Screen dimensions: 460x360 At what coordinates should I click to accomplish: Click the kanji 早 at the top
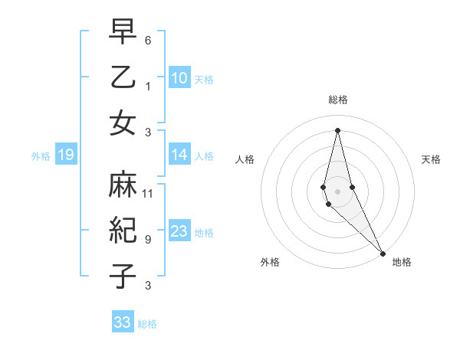pyautogui.click(x=123, y=33)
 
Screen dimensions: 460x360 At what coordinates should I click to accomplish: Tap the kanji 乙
pyautogui.click(x=123, y=77)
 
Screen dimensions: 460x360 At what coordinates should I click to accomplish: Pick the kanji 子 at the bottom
pyautogui.click(x=123, y=277)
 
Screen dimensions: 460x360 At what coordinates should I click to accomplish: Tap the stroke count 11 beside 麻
pyautogui.click(x=148, y=193)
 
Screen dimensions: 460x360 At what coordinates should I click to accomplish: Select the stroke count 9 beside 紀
pyautogui.click(x=148, y=239)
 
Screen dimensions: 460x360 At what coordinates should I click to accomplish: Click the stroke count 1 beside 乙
pyautogui.click(x=148, y=85)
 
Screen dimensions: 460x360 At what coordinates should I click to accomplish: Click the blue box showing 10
pyautogui.click(x=179, y=78)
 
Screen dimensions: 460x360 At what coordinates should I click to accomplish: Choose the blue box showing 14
pyautogui.click(x=179, y=155)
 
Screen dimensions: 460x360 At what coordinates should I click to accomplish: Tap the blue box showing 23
pyautogui.click(x=179, y=231)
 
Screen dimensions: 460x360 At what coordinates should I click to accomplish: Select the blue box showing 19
pyautogui.click(x=65, y=155)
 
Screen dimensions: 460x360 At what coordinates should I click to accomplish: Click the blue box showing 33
pyautogui.click(x=123, y=322)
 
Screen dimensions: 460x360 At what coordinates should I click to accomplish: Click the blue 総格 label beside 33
pyautogui.click(x=147, y=324)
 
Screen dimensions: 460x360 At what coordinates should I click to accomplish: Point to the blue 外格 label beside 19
pyautogui.click(x=41, y=156)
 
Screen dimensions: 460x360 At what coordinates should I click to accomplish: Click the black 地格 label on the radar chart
pyautogui.click(x=402, y=262)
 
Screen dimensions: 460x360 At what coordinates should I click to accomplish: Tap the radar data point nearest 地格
pyautogui.click(x=383, y=252)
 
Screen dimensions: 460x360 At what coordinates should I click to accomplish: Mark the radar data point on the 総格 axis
pyautogui.click(x=337, y=129)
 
